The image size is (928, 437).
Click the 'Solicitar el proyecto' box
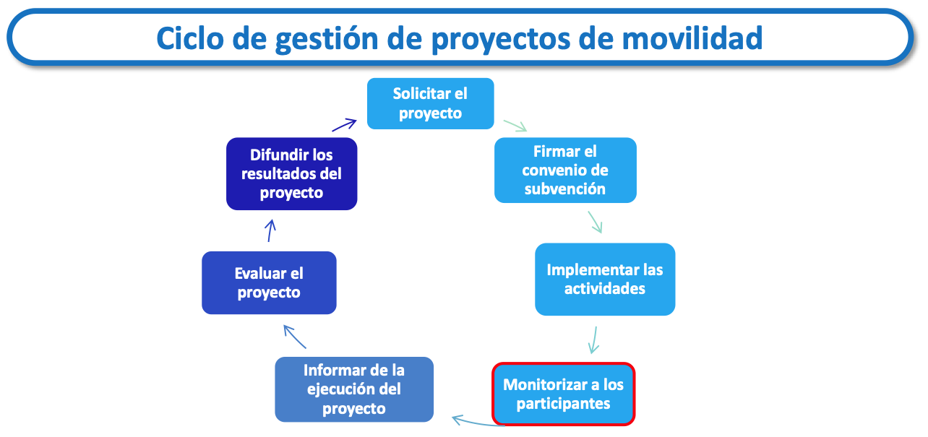pyautogui.click(x=431, y=103)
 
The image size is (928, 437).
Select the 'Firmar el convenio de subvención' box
pyautogui.click(x=565, y=170)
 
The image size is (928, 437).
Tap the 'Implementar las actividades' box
pyautogui.click(x=605, y=280)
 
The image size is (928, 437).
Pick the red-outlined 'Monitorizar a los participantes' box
pyautogui.click(x=564, y=394)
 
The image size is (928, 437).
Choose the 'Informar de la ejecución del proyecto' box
pyautogui.click(x=354, y=389)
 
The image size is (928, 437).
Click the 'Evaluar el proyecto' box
pyautogui.click(x=269, y=282)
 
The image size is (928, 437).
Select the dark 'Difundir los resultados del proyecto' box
pyautogui.click(x=292, y=173)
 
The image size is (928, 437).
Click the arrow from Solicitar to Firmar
pyautogui.click(x=515, y=126)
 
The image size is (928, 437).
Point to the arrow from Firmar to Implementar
pyautogui.click(x=595, y=222)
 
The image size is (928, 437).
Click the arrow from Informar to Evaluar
pyautogui.click(x=295, y=337)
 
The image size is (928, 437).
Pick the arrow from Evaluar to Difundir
pyautogui.click(x=270, y=230)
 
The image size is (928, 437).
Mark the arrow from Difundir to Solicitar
pyautogui.click(x=344, y=125)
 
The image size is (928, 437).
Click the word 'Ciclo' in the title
pyautogui.click(x=190, y=38)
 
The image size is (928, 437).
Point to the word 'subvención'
pyautogui.click(x=565, y=189)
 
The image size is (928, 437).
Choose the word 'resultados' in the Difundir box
pyautogui.click(x=278, y=173)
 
